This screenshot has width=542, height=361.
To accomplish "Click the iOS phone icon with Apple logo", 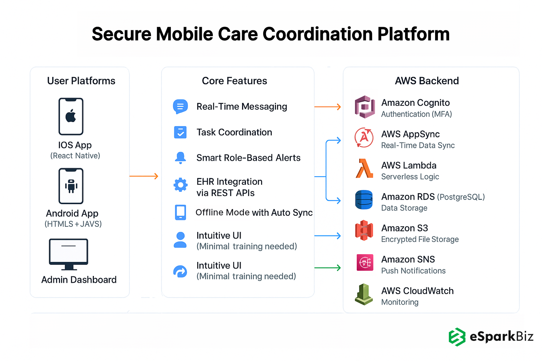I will [71, 116].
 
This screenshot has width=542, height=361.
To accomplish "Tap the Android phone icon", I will [71, 186].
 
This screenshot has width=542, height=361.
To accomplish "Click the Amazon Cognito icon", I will [365, 107].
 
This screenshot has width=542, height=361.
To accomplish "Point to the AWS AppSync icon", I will [364, 138].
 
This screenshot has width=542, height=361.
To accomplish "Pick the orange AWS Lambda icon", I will [364, 169].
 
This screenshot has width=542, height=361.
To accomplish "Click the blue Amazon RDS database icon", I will [364, 200].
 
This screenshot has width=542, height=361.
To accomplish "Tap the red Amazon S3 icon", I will [364, 231].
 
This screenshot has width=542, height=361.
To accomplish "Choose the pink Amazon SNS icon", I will [365, 262].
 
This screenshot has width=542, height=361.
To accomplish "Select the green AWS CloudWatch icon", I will [364, 294].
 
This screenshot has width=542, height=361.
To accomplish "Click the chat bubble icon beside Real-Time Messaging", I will [180, 106].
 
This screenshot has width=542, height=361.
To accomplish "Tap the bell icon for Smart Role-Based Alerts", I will [180, 158].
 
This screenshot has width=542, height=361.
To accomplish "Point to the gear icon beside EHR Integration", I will [180, 184].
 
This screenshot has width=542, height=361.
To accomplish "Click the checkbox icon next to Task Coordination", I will [180, 132].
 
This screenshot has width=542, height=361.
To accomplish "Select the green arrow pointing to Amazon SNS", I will [327, 268].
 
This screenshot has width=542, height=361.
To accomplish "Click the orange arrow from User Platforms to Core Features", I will [144, 176].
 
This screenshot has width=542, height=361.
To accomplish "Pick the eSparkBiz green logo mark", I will [457, 337].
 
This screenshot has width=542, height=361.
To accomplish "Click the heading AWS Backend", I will [427, 81].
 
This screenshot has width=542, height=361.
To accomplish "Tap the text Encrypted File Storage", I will [420, 239].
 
